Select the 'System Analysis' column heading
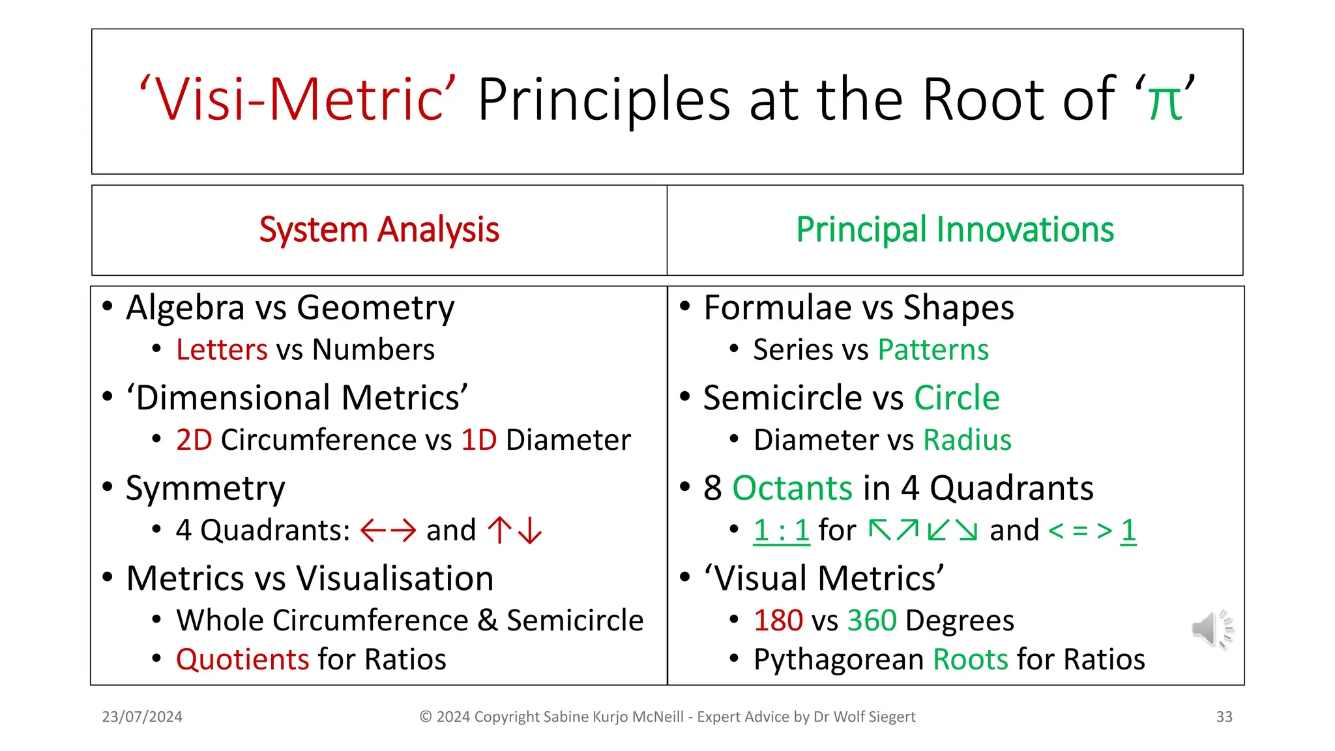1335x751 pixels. [379, 230]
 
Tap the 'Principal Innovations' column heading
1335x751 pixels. [955, 230]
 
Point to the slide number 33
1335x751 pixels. [1224, 717]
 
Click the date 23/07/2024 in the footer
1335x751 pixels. [142, 717]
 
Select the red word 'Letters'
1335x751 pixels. [222, 350]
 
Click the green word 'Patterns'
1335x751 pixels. [933, 350]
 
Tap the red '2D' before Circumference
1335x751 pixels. [194, 440]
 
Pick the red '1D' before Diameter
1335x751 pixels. [478, 440]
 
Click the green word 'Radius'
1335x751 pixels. [967, 440]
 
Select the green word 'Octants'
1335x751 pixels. [792, 488]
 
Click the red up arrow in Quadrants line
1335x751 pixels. [500, 530]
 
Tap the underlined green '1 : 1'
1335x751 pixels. [781, 530]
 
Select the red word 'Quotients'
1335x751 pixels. [242, 660]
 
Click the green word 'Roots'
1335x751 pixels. [971, 660]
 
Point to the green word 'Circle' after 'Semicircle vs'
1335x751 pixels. [956, 398]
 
